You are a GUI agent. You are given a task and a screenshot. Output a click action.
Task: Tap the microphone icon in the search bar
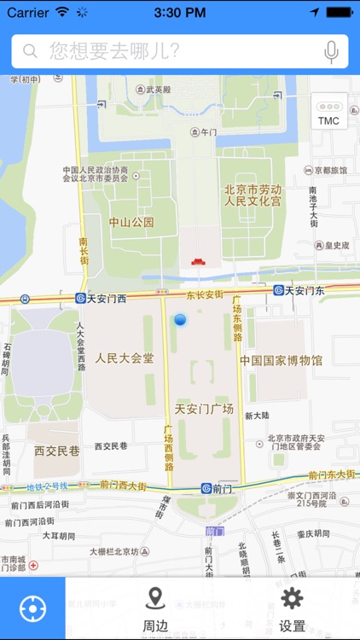pos(331,51)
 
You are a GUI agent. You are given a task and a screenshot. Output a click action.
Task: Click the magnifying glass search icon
pos(31,51)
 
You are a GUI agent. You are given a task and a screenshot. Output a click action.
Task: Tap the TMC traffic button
pos(328,113)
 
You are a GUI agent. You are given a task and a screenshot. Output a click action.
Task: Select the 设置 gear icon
pos(292,598)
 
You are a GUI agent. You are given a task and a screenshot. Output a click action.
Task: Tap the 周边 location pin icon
pos(154,598)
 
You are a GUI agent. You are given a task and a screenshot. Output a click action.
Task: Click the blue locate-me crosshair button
pos(32,608)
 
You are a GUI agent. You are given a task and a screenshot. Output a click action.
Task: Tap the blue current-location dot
pos(180,319)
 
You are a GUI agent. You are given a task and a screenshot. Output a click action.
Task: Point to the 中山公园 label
pos(131,222)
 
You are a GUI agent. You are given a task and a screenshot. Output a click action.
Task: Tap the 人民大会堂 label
pos(125,358)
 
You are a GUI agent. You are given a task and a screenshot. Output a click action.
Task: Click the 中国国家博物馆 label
pos(281,361)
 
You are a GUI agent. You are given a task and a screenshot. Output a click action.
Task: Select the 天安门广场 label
pos(204,409)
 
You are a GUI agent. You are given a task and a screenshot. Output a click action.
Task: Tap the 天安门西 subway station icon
pos(80,299)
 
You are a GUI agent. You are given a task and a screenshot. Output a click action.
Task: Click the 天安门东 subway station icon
pos(278,290)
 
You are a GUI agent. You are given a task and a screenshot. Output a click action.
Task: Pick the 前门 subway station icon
pos(206,488)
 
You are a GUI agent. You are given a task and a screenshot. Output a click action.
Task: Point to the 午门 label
pos(209,132)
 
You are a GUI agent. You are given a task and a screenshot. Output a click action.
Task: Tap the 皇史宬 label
pos(336,245)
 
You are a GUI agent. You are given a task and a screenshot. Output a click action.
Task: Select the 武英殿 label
pos(159,89)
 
